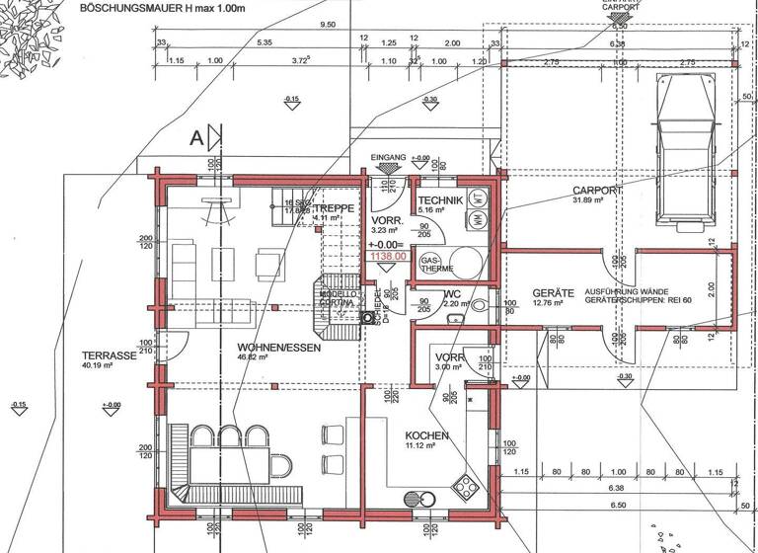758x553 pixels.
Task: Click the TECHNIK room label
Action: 439,199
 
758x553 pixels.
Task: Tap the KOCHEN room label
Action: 426,435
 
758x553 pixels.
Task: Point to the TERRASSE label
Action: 110,355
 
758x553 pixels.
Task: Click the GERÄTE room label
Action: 553,293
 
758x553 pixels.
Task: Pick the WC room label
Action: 453,293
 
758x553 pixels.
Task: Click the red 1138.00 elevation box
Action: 388,256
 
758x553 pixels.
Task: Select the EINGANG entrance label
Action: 388,158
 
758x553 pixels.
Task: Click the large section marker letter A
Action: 197,138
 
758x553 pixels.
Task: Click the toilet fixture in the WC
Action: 481,306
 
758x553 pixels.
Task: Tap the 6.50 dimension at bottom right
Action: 617,505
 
